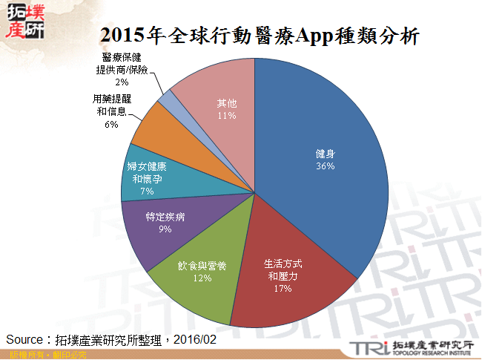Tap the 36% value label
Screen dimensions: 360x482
pyautogui.click(x=325, y=166)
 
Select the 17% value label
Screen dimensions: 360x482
pyautogui.click(x=282, y=288)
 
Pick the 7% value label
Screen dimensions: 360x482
pyautogui.click(x=147, y=192)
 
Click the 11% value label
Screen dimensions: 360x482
pyautogui.click(x=227, y=116)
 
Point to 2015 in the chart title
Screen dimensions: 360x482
pyautogui.click(x=122, y=36)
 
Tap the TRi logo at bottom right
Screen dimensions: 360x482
pyautogui.click(x=368, y=347)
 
